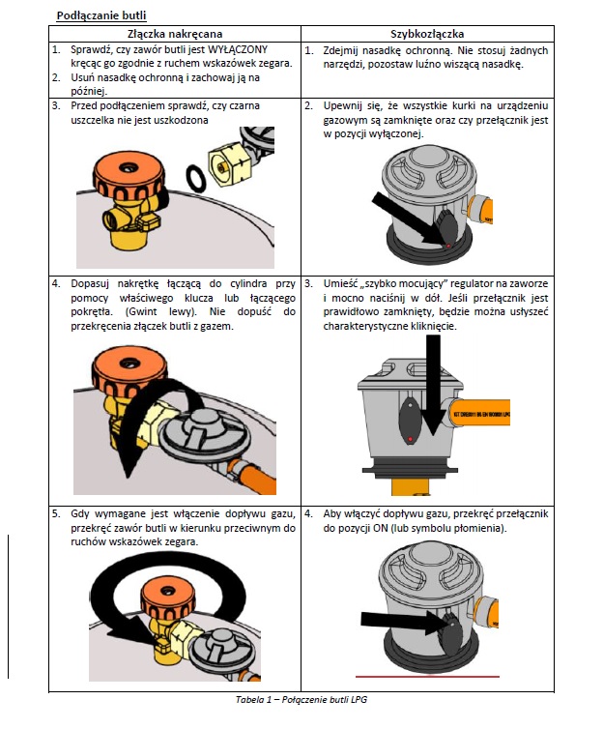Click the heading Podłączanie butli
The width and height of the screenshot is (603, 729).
tap(101, 15)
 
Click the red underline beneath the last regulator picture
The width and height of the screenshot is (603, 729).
tap(430, 675)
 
